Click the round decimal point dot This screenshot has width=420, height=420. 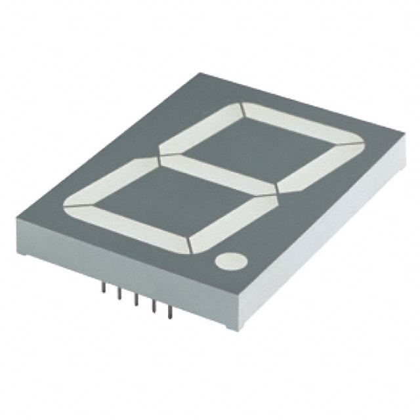click(x=231, y=261)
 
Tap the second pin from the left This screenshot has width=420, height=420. click(x=120, y=293)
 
